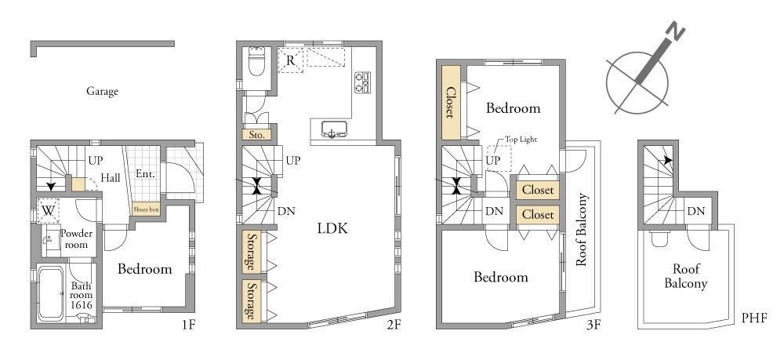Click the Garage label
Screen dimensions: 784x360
tap(103, 92)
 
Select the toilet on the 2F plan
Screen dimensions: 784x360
tap(256, 60)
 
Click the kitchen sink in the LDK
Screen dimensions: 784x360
tap(331, 129)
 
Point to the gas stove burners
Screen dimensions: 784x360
tap(362, 82)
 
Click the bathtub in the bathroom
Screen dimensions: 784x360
tap(50, 293)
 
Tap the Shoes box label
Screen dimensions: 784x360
tap(146, 210)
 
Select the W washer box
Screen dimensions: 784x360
tap(48, 210)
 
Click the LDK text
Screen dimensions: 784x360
tap(332, 228)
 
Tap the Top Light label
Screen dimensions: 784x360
tap(520, 140)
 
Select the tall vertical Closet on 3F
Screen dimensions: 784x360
tap(451, 104)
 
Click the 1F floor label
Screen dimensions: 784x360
tap(188, 324)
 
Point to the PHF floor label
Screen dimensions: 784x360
tap(755, 318)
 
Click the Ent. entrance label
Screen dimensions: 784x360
tap(145, 174)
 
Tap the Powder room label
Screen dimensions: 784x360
tap(76, 239)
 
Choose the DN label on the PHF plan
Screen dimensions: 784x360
tap(696, 212)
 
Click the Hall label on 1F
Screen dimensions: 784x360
tap(111, 177)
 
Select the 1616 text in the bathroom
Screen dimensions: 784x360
tap(81, 304)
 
